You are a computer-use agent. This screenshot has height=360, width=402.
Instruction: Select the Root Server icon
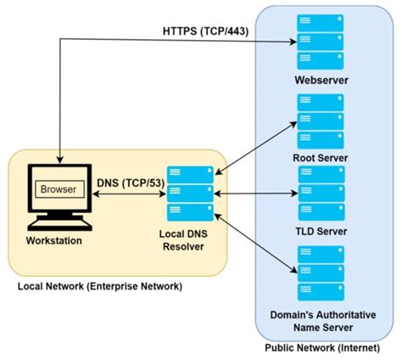click(x=320, y=120)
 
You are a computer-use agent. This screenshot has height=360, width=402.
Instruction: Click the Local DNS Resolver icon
click(x=189, y=193)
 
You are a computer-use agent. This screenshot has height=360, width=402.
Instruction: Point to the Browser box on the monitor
click(x=59, y=189)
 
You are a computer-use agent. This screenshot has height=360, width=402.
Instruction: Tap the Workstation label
click(x=54, y=241)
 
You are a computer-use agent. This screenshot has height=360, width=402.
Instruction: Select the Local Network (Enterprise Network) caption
click(x=100, y=285)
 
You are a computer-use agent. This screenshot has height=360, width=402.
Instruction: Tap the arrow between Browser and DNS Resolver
click(x=126, y=195)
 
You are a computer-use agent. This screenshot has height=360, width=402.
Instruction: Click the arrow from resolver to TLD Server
click(x=254, y=194)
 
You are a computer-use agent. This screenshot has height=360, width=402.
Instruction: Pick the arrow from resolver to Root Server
click(x=254, y=149)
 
